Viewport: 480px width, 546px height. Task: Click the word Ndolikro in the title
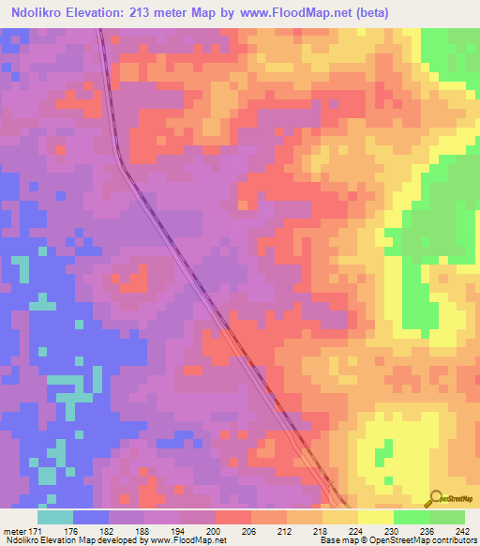pos(42,13)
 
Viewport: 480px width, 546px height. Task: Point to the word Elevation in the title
pos(108,13)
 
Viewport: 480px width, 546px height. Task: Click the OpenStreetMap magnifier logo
pos(436,497)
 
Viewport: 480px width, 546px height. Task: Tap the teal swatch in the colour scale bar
pos(55,517)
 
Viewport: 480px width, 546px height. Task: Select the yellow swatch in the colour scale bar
pos(376,517)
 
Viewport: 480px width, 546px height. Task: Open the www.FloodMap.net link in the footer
pos(194,540)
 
